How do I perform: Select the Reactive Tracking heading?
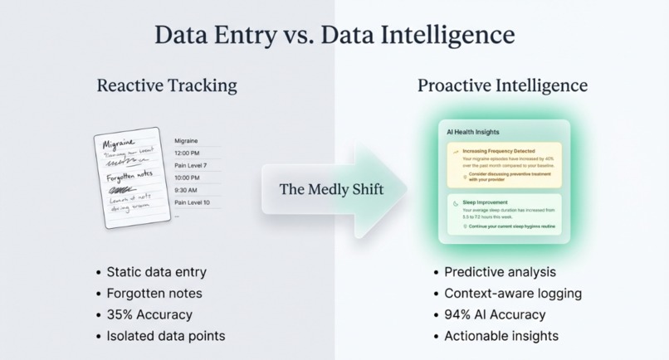tap(167, 85)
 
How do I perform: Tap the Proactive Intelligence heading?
tap(502, 85)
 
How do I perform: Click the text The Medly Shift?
tap(331, 189)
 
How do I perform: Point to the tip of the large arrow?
tap(408, 189)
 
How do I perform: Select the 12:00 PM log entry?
tap(187, 153)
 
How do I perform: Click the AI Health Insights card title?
tap(473, 132)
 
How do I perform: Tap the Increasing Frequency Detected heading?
tap(498, 152)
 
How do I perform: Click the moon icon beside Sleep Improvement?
tap(455, 202)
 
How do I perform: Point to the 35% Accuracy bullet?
tap(149, 314)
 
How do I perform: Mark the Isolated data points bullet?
tap(165, 336)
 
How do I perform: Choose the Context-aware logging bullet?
tap(512, 293)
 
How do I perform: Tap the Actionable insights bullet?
tap(501, 336)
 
